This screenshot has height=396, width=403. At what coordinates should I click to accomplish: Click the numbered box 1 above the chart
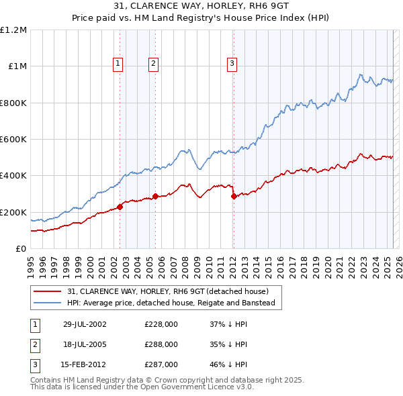118,64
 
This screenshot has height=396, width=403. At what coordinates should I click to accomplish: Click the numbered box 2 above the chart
153,64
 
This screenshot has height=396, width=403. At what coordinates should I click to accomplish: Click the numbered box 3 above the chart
232,64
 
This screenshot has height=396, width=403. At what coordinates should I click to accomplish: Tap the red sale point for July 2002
120,207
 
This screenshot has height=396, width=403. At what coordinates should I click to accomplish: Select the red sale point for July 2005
155,196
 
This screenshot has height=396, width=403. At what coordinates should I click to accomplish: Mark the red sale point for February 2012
234,196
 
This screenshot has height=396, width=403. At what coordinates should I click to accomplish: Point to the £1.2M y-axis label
13,30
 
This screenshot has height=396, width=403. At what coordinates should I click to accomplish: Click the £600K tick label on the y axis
13,140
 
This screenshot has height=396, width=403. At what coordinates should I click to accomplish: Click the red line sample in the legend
47,291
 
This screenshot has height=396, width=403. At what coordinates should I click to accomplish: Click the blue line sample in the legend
47,303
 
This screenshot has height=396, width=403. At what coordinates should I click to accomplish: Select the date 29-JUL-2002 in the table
84,324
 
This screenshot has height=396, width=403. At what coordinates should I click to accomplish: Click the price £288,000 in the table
161,344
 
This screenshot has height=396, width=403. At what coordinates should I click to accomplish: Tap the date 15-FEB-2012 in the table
83,364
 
